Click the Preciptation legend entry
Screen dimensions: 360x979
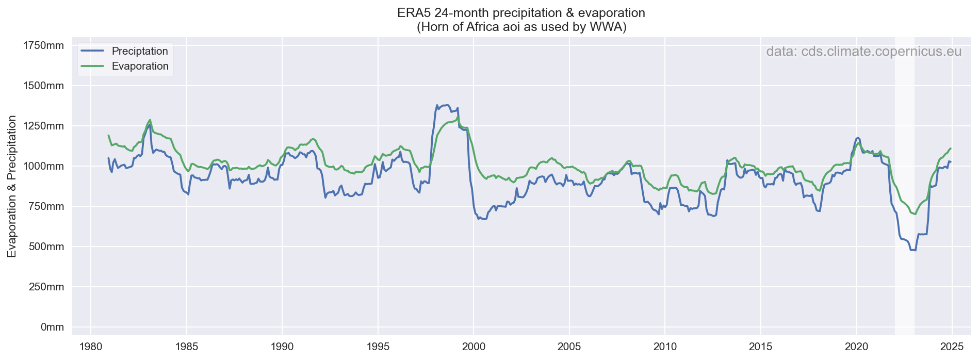coord(140,51)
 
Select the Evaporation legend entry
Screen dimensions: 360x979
coord(140,66)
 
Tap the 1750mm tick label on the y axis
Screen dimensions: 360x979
coord(44,46)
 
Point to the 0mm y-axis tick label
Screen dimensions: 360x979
coord(52,327)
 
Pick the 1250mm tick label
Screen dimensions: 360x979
coord(44,126)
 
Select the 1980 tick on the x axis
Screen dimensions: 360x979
coord(91,345)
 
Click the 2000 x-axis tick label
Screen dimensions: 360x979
coord(474,345)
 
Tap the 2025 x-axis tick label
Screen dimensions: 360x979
coord(952,345)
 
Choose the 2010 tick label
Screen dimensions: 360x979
coord(665,345)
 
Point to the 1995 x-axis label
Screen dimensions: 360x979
coord(378,345)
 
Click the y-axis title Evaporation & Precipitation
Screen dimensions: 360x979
coord(12,186)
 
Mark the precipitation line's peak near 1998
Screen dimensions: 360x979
coord(437,105)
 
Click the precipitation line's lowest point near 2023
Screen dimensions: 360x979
coord(913,250)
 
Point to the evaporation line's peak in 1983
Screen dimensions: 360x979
coord(150,120)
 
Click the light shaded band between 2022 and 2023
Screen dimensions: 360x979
coord(904,186)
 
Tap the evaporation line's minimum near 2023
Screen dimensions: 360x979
coord(915,214)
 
